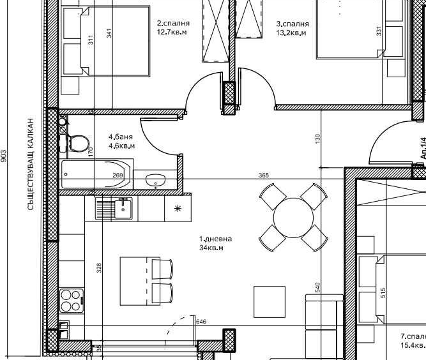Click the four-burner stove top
(x=72, y=301)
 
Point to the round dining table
(x=293, y=218)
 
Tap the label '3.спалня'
(x=291, y=24)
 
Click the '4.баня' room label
(x=119, y=137)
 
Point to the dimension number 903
(x=4, y=156)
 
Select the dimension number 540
(x=317, y=288)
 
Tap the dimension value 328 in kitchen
(x=99, y=268)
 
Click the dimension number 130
(x=317, y=138)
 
